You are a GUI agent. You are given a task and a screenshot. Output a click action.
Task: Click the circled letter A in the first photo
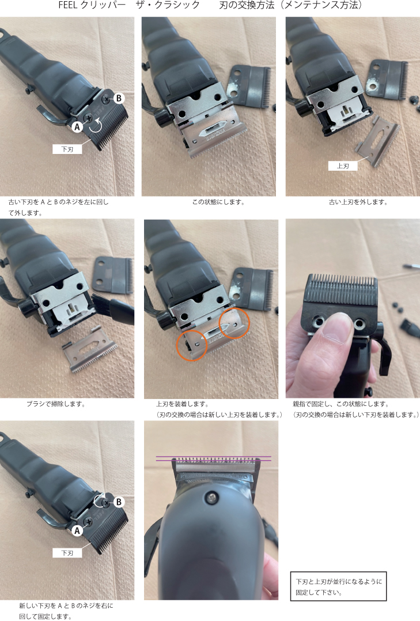tap(77, 127)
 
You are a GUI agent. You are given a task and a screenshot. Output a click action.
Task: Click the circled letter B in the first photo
tap(119, 98)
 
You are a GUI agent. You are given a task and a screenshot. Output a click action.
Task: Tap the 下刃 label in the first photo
tap(67, 149)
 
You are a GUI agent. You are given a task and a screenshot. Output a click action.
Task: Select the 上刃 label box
tap(343, 166)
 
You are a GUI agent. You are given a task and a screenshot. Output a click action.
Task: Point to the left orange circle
tap(192, 345)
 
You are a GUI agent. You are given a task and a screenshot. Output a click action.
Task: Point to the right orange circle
tap(234, 323)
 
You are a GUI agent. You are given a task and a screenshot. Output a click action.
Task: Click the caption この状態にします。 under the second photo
tap(218, 202)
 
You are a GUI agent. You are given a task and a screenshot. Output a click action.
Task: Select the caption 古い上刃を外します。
tap(358, 202)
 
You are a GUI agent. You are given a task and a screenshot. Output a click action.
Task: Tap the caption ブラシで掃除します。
tap(56, 404)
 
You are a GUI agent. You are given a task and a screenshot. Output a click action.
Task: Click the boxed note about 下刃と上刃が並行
tap(338, 586)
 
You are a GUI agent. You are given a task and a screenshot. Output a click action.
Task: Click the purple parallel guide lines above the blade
tap(214, 458)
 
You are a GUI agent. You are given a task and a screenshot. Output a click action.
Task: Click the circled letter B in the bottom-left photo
tap(119, 502)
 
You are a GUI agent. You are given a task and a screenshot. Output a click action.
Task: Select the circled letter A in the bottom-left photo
tap(77, 530)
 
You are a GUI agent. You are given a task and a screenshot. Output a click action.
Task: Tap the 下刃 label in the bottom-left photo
tap(67, 553)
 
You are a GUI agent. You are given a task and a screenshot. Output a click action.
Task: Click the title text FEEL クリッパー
tap(92, 5)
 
